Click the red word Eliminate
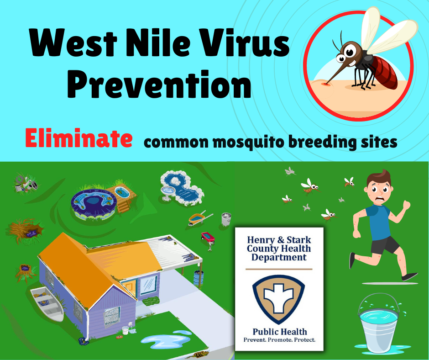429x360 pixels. tap(79, 138)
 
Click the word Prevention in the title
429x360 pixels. tap(159, 85)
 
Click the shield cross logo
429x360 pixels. tap(278, 299)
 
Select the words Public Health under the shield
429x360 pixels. tap(280, 332)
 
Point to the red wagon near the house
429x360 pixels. tap(209, 238)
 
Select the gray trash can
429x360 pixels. tap(226, 219)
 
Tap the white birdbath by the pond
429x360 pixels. tap(167, 193)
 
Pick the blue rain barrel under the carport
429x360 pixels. tap(199, 278)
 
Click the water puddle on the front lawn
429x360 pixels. tap(166, 339)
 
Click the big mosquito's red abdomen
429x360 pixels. tap(384, 72)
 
